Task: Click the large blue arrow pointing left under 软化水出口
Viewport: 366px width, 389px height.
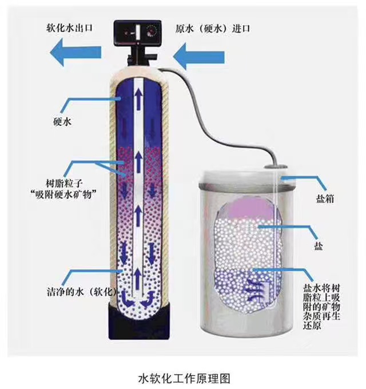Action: (x=75, y=55)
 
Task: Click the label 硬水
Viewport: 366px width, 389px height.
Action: (x=59, y=121)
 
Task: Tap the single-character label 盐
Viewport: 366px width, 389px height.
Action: (x=318, y=247)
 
